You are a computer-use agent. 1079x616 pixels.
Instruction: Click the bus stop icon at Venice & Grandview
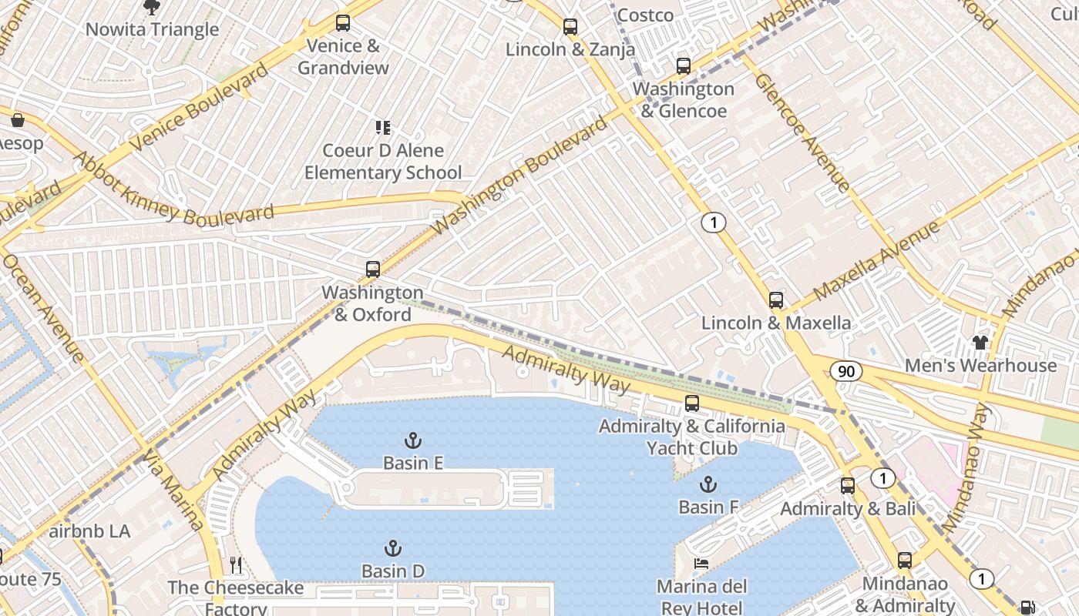coord(343,23)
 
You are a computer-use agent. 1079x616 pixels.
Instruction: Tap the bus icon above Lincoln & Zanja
coord(570,27)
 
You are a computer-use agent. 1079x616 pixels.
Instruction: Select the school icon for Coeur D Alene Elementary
coord(382,128)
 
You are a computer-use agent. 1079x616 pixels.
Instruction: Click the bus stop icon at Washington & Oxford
coord(373,269)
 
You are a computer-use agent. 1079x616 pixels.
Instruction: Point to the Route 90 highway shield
coord(846,372)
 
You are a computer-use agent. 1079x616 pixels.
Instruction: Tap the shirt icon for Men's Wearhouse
coord(980,342)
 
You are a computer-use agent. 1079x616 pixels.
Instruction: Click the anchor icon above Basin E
coord(413,440)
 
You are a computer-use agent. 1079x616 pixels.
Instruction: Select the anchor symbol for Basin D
coord(393,548)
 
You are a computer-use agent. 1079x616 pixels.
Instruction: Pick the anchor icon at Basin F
coord(708,484)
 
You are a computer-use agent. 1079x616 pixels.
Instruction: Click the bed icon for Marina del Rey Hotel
coord(701,564)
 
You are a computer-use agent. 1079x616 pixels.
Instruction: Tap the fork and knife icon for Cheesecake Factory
coord(236,565)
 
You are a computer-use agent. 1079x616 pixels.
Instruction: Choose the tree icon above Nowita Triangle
coord(152,8)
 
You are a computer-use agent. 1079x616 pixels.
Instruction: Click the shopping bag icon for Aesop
coord(17,120)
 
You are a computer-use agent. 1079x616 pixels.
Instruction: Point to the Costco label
coord(645,15)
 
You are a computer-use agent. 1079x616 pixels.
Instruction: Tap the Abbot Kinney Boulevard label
coord(173,189)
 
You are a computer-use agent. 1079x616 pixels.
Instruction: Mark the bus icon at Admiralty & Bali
coord(848,486)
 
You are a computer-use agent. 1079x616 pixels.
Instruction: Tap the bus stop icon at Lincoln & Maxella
coord(776,300)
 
